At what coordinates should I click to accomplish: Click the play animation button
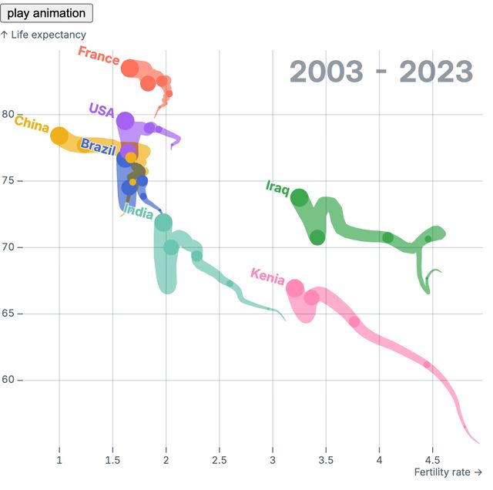pos(47,13)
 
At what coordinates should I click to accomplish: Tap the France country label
pos(99,55)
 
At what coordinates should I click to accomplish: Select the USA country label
pos(101,109)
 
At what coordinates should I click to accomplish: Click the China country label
pos(32,124)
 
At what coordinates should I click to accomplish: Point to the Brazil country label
pos(98,146)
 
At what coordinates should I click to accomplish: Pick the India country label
pos(138,213)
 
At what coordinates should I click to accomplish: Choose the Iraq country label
pos(277,186)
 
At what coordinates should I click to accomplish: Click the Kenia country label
pos(267,277)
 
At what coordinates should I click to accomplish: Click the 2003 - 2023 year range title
pos(381,72)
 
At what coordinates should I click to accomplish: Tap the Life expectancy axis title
pos(43,35)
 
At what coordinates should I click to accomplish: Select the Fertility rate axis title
pos(448,472)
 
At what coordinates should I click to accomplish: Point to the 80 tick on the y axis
pos(8,114)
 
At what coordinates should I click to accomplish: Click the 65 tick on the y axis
pos(8,314)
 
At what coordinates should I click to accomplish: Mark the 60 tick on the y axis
pos(8,380)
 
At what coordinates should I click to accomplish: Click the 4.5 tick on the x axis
pos(432,461)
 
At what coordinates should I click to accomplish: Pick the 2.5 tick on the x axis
pos(220,461)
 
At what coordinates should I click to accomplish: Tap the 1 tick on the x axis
pos(59,461)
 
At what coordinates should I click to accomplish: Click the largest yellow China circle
pos(59,136)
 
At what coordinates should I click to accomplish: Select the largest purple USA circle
pos(125,121)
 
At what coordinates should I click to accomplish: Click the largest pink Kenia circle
pos(295,288)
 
